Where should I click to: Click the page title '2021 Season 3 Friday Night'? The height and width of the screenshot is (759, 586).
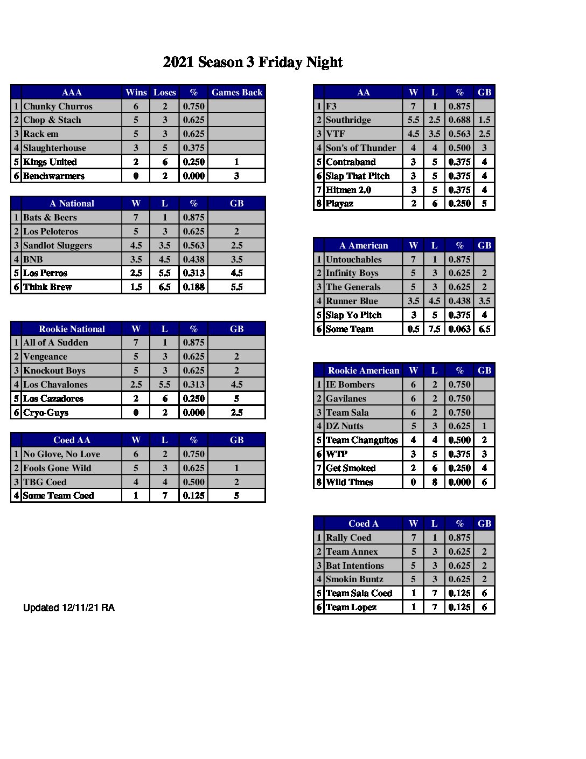point(253,63)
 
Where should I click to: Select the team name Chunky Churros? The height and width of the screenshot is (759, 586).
point(58,106)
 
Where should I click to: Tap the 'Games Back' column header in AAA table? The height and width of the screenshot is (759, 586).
point(236,92)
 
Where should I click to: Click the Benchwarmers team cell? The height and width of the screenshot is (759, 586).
point(54,176)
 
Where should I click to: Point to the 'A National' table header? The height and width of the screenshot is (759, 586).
point(72,203)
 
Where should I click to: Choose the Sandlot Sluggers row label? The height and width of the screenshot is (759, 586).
point(58,245)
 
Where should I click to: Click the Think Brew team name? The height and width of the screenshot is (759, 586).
point(47,287)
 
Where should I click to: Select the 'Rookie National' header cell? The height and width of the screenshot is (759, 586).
point(72,329)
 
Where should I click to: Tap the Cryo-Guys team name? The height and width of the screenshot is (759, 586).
point(46,412)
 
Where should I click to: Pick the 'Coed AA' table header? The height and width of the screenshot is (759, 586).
point(72,440)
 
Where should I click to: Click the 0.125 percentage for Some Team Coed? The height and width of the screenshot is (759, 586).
point(193,495)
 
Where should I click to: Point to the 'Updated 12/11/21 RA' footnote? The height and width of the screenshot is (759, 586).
point(69,608)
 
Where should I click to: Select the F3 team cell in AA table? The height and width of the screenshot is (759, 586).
point(331,106)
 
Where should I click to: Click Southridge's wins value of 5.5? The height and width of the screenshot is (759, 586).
point(413,120)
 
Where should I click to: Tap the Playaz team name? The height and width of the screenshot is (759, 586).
point(339,203)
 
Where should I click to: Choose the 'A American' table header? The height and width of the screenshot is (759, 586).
point(364,245)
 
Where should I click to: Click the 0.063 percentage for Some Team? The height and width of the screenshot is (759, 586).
point(459,329)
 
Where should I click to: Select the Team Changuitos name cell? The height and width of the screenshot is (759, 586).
point(361,440)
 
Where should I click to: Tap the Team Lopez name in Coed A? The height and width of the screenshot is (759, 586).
point(351,607)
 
